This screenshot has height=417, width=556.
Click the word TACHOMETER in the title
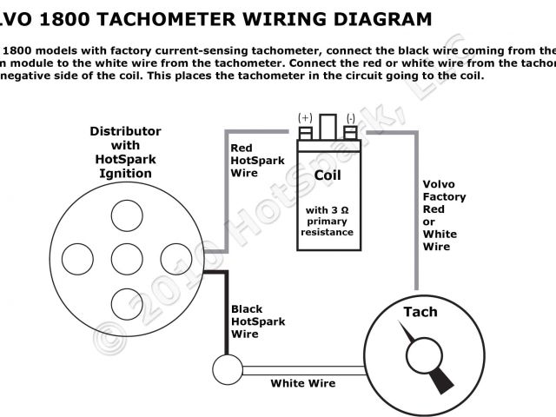click(x=169, y=17)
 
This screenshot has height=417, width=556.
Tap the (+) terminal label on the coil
click(x=305, y=117)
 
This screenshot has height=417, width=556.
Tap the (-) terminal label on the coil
click(x=350, y=117)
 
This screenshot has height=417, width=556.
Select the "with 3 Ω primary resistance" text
click(x=328, y=221)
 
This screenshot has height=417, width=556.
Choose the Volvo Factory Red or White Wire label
click(x=444, y=215)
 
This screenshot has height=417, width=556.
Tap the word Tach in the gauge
click(x=420, y=312)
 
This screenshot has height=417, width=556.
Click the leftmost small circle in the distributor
click(x=79, y=257)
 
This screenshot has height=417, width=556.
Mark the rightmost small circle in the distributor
click(x=175, y=257)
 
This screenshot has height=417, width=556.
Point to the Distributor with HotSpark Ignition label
click(x=126, y=152)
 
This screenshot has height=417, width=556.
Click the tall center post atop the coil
click(x=328, y=126)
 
